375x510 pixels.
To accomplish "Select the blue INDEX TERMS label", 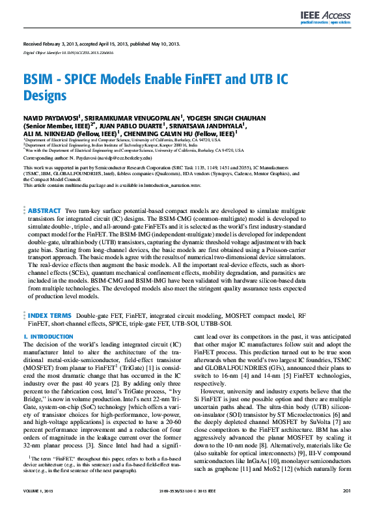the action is point(49,315).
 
